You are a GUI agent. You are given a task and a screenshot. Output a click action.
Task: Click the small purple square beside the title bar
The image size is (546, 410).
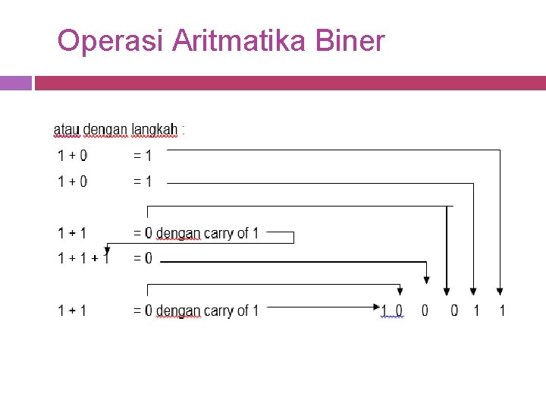[x=16, y=83]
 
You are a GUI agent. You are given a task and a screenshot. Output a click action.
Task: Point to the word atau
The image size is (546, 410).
[x=66, y=130]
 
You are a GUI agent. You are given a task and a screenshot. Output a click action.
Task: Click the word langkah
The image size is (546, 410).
[x=154, y=130]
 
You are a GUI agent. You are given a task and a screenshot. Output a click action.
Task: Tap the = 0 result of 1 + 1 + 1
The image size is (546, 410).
[x=143, y=259]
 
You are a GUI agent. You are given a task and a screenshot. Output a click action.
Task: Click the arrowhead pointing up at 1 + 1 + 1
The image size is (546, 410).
[x=108, y=248]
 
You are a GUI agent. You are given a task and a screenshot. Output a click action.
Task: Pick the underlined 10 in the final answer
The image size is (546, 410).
[x=393, y=311]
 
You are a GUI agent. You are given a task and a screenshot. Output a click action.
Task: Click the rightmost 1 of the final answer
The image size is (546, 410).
[x=501, y=311]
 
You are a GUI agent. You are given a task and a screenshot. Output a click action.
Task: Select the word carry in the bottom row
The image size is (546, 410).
[x=218, y=311]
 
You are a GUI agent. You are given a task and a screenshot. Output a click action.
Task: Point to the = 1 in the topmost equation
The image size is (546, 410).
[x=143, y=156]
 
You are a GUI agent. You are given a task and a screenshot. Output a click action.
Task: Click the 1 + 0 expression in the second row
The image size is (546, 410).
[x=72, y=181]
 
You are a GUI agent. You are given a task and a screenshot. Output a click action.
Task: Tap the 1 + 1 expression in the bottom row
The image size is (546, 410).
[x=72, y=311]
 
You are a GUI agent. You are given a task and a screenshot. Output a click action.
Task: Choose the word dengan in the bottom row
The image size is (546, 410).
[x=177, y=311]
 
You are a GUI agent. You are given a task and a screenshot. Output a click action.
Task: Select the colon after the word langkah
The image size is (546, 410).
[x=183, y=129]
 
